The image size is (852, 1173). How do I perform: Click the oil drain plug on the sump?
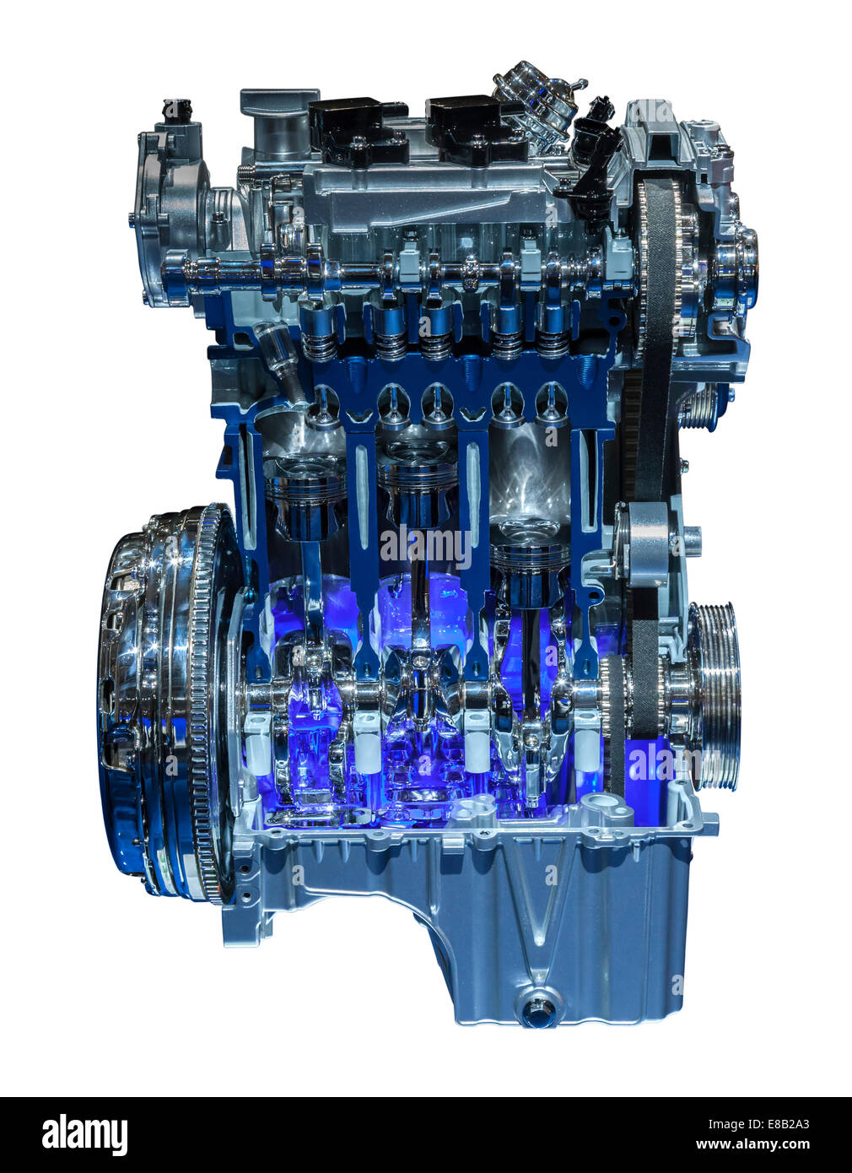click(x=537, y=1008)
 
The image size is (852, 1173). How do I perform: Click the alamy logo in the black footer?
click(x=84, y=1135)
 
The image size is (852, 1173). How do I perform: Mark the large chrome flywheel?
click(x=164, y=700)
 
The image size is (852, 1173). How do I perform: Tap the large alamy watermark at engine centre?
click(x=426, y=549)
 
